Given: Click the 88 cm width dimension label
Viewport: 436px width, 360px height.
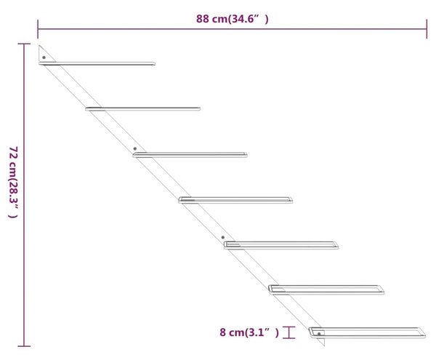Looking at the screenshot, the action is pyautogui.click(x=233, y=19).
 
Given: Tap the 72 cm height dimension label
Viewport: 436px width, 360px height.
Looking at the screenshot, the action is pyautogui.click(x=13, y=183).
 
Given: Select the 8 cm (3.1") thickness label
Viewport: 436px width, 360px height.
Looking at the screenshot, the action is pyautogui.click(x=249, y=332).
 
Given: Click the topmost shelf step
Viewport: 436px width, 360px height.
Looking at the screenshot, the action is pyautogui.click(x=97, y=64).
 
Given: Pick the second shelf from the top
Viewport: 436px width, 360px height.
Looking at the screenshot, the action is pyautogui.click(x=142, y=109).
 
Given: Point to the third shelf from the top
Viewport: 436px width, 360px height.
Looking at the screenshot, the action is pyautogui.click(x=190, y=155).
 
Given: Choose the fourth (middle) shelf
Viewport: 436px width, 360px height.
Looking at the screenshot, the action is pyautogui.click(x=235, y=200).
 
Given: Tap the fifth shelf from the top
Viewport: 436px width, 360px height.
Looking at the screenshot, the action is pyautogui.click(x=281, y=245).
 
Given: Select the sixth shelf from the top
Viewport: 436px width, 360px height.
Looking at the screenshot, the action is pyautogui.click(x=326, y=289).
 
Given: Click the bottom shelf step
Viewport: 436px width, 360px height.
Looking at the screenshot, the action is pyautogui.click(x=367, y=333).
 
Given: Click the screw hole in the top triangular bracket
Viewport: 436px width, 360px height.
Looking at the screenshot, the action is pyautogui.click(x=44, y=57).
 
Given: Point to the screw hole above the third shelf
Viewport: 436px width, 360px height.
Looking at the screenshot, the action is pyautogui.click(x=135, y=149).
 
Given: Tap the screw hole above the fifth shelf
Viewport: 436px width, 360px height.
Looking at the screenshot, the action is pyautogui.click(x=223, y=238).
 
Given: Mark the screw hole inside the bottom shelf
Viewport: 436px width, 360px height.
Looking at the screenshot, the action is pyautogui.click(x=319, y=334).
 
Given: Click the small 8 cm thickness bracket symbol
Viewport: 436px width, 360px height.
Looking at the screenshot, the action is pyautogui.click(x=289, y=332).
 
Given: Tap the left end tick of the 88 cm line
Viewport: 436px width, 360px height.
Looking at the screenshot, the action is pyautogui.click(x=38, y=29).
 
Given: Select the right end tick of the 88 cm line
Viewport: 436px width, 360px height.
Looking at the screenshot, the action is pyautogui.click(x=427, y=29).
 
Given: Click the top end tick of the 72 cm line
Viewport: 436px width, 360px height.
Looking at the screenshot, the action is pyautogui.click(x=24, y=44).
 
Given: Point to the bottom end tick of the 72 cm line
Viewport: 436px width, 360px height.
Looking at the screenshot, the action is pyautogui.click(x=24, y=346).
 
